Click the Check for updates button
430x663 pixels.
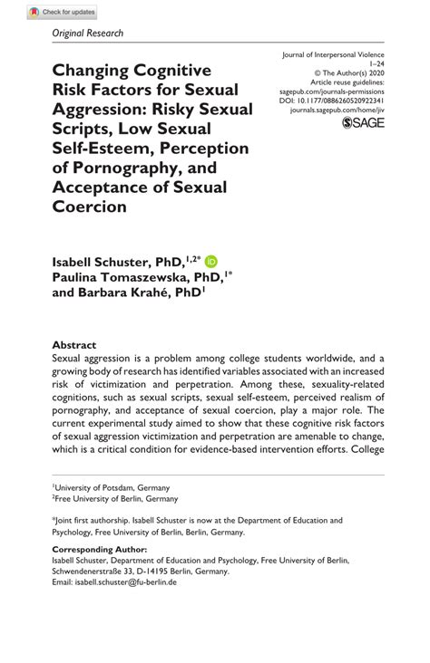point(63,11)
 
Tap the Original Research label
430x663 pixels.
point(88,34)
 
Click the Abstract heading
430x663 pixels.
point(74,345)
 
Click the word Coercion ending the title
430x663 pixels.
point(90,207)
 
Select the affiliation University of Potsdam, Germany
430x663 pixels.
point(114,487)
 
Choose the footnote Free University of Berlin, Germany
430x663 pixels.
point(116,498)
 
